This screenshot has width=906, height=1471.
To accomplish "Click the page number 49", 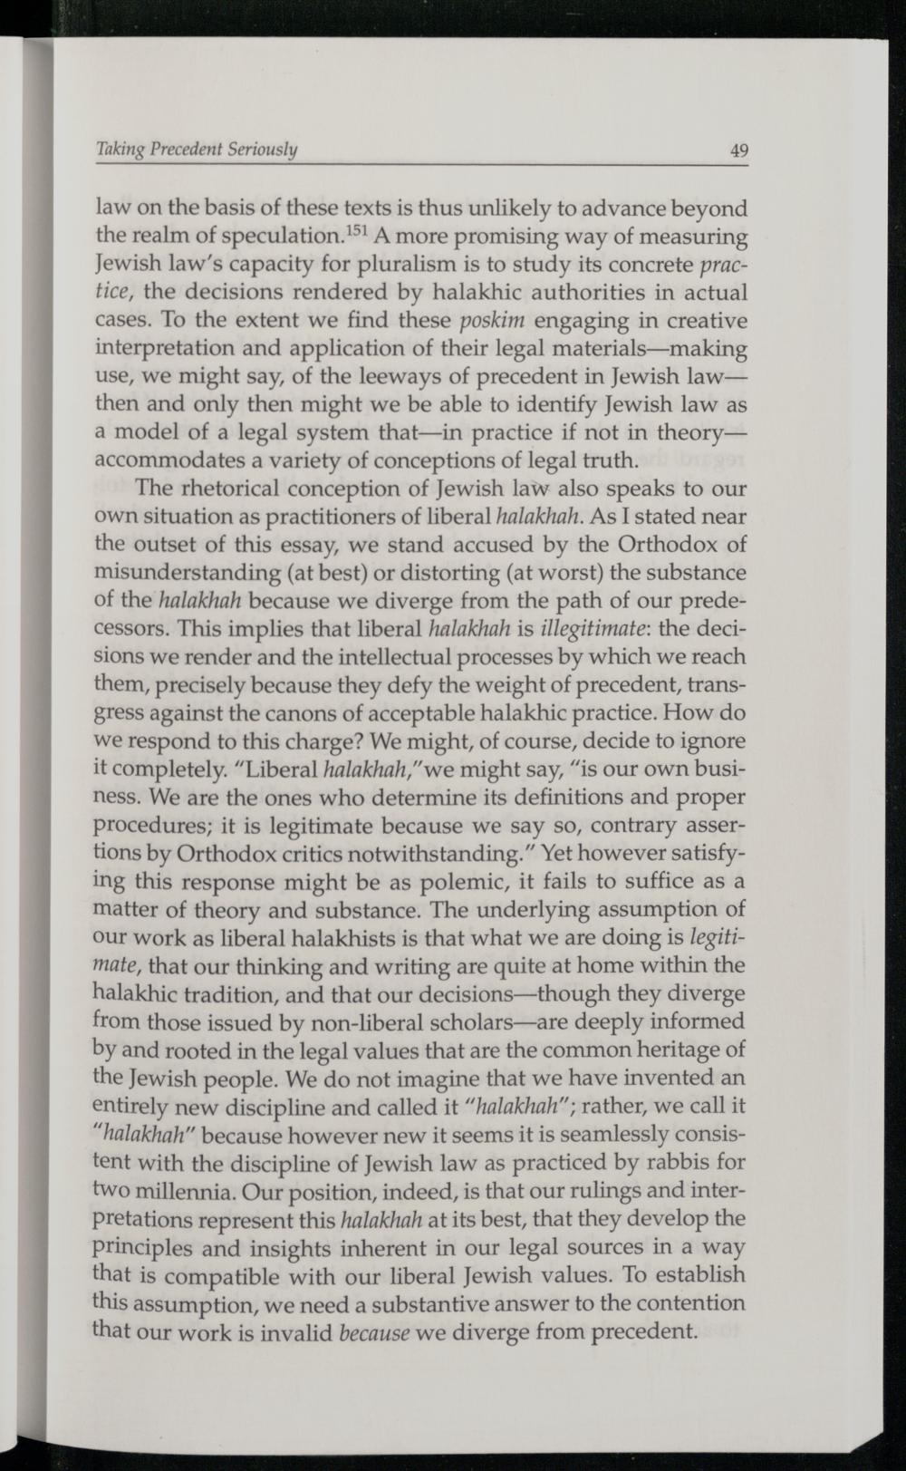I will (739, 151).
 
